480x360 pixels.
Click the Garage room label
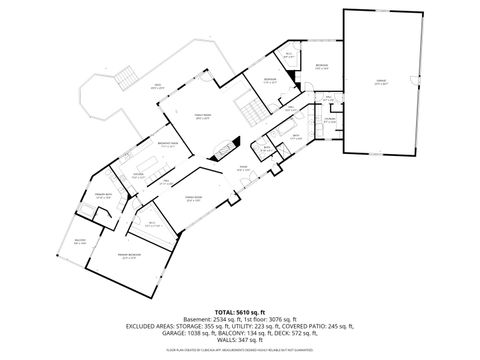pyautogui.click(x=381, y=84)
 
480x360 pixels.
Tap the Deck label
pyautogui.click(x=157, y=87)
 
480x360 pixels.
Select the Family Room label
pyautogui.click(x=187, y=118)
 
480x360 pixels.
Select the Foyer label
pyautogui.click(x=243, y=168)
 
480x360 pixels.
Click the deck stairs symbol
pyautogui.click(x=126, y=77)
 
